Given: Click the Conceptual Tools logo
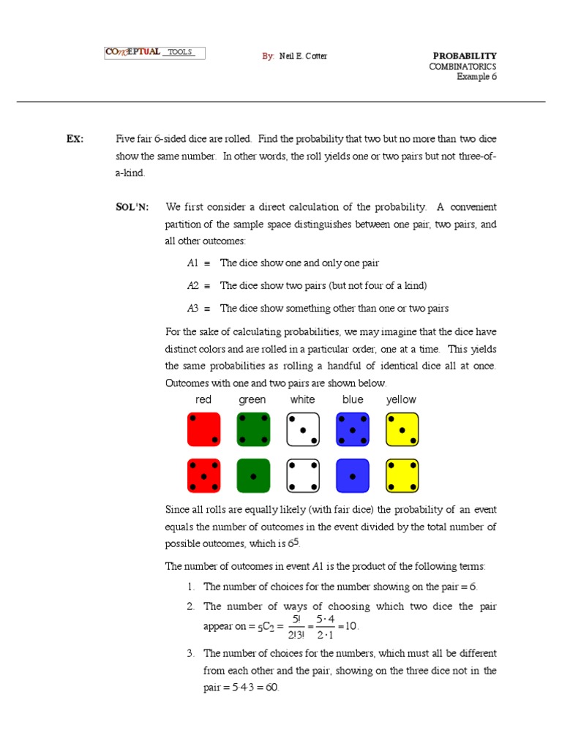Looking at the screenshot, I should tap(154, 53).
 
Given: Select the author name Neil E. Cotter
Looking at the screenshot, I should tap(302, 56).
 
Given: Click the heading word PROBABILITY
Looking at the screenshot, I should tap(465, 56).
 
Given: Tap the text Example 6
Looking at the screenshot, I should tap(476, 76).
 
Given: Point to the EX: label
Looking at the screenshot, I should tap(75, 138).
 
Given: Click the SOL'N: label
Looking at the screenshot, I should tap(132, 207).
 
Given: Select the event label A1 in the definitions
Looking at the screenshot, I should tap(192, 263).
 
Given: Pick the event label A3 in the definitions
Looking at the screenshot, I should tap(192, 308).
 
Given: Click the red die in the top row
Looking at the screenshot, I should tap(203, 429).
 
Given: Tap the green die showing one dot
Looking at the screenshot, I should tap(253, 476).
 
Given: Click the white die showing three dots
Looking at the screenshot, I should tap(303, 429).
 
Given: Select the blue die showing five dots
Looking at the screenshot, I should tap(353, 429).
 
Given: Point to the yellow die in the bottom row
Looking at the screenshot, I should tap(402, 476).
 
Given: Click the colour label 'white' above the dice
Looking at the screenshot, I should tap(302, 399).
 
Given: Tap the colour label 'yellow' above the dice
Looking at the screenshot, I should tap(401, 399).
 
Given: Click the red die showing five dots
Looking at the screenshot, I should tap(203, 476).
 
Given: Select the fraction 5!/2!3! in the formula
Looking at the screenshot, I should tap(296, 627).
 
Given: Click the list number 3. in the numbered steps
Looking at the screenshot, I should tap(190, 653).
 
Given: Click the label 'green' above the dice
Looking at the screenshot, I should tap(252, 399).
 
